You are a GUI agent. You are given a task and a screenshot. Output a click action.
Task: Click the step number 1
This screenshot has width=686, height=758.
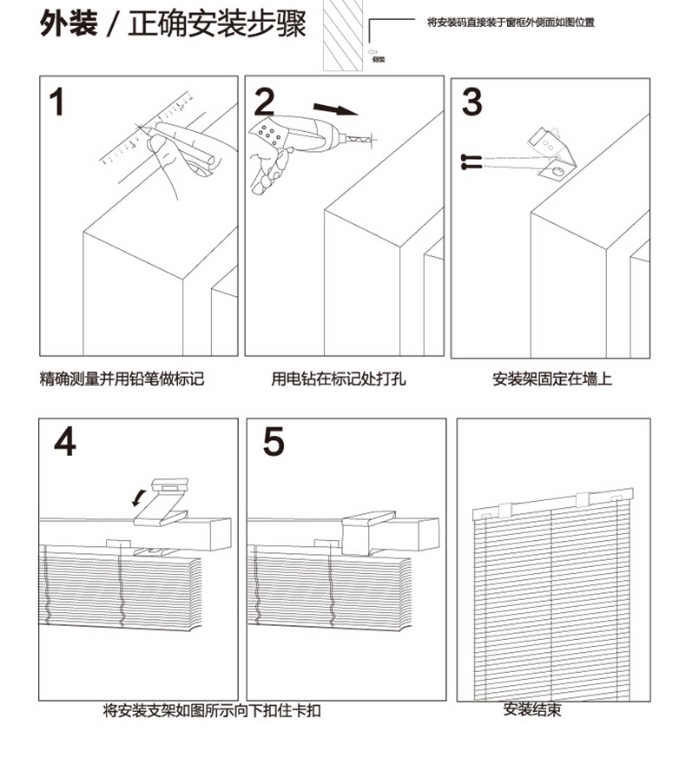[56, 102]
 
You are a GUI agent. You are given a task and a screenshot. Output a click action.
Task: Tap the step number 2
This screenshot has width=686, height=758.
[263, 102]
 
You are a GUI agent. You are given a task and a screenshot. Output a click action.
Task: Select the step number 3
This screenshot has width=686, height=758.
[472, 102]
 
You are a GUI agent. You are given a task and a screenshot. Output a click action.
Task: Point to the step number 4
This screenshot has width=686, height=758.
[64, 442]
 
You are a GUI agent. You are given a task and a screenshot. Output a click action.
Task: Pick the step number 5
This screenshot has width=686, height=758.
[273, 442]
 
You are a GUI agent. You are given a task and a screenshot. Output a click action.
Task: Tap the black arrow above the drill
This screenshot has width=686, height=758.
[335, 109]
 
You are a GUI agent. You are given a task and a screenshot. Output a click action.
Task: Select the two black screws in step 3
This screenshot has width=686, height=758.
[472, 161]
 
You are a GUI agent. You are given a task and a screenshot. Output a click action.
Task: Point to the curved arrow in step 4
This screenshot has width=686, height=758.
[137, 498]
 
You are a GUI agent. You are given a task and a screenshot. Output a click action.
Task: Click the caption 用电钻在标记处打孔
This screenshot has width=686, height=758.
[339, 379]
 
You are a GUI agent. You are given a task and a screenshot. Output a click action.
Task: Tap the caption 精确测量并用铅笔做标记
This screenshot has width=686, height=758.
[122, 379]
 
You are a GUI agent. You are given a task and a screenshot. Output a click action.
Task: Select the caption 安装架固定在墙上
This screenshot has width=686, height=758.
[552, 379]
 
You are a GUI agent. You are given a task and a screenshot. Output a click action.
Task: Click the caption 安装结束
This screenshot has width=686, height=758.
[532, 709]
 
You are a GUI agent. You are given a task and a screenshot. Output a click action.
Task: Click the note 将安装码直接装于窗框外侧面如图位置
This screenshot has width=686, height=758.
[511, 21]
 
